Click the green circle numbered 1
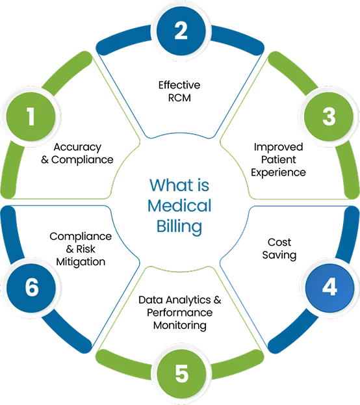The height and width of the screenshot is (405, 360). [x=31, y=117]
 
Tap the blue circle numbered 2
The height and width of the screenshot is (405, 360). [x=181, y=31]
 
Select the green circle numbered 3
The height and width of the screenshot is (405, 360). [x=329, y=117]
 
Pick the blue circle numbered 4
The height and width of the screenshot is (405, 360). [x=329, y=287]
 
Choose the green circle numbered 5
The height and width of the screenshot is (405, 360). [x=181, y=374]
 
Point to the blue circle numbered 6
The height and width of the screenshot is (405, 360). [x=31, y=287]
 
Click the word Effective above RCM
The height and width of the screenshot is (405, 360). [x=179, y=85]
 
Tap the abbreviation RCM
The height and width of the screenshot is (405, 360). [x=179, y=98]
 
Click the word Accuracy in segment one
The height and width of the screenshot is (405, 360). [x=77, y=148]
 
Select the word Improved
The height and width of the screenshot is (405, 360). [x=278, y=147]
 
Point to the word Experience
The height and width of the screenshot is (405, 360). [x=278, y=173]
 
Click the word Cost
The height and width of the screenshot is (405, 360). [x=279, y=242]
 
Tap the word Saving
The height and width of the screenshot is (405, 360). [x=279, y=255]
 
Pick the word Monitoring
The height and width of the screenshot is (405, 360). [x=180, y=326]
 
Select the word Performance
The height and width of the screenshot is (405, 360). [x=180, y=313]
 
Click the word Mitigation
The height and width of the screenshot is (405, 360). [x=81, y=262]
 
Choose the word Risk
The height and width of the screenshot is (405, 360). [x=86, y=249]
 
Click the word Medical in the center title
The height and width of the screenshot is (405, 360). [x=179, y=205]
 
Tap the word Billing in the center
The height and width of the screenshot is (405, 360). [x=179, y=227]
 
